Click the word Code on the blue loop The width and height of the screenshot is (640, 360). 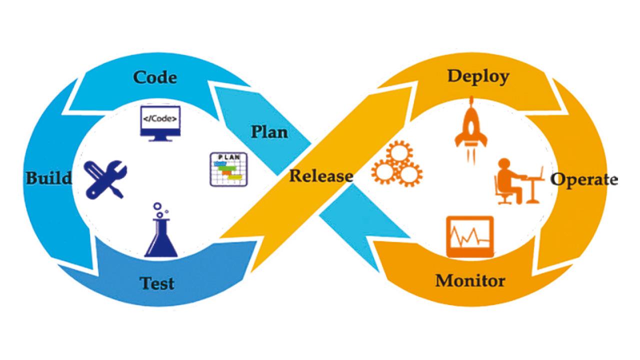[x=155, y=78]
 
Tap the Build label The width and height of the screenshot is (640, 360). [x=48, y=177]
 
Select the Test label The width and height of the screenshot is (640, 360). [x=157, y=283]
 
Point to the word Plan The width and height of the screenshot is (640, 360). [x=269, y=132]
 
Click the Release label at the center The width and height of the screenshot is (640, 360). [x=321, y=176]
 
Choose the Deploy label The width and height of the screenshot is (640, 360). [x=478, y=76]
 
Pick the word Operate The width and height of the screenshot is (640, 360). [x=584, y=179]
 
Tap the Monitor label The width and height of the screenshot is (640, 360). [x=470, y=280]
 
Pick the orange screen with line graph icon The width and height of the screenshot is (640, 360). [x=469, y=236]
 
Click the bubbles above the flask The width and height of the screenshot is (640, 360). [x=159, y=209]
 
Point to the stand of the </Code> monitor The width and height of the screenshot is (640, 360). [x=159, y=137]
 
